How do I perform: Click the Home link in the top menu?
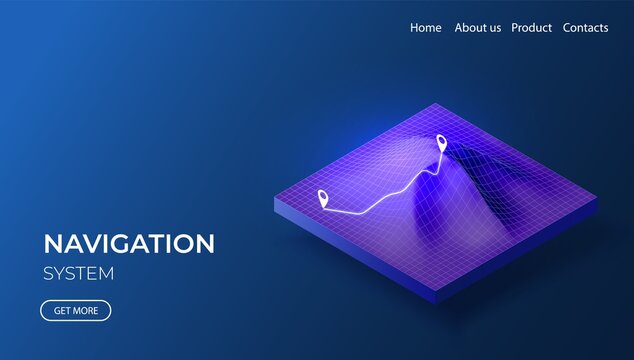[x=425, y=28]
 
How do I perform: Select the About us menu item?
[x=477, y=28]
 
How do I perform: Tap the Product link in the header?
[x=531, y=28]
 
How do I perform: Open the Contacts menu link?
[x=585, y=28]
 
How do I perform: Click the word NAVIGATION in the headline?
[x=129, y=243]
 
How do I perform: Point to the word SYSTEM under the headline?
[x=79, y=273]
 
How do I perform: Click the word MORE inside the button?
[x=86, y=311]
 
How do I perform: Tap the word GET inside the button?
[x=62, y=311]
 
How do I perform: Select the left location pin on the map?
[x=322, y=197]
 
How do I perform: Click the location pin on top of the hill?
[x=441, y=142]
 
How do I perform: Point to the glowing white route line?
[x=385, y=197]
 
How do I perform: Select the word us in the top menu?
[x=492, y=28]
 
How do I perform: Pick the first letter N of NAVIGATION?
[x=52, y=243]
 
